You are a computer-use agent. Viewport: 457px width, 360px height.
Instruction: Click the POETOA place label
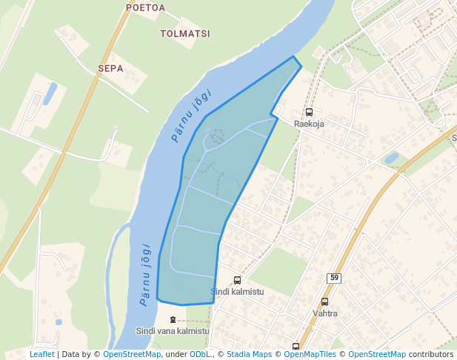146,8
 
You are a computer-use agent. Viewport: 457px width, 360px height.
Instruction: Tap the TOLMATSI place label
185,33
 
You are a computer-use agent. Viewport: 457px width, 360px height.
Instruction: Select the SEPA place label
110,68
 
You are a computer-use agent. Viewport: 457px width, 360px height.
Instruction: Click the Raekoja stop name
309,124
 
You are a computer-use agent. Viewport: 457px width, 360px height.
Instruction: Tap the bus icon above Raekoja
309,113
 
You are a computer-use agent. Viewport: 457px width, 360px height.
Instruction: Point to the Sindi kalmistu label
237,291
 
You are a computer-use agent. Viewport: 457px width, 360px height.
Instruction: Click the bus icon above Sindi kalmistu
237,280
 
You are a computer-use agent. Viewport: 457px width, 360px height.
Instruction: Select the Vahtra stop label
324,313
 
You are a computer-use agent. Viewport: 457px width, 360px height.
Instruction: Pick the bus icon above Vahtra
324,301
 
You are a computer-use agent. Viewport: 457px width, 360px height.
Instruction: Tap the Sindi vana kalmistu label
173,331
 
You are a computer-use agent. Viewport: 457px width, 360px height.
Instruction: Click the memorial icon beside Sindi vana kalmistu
173,319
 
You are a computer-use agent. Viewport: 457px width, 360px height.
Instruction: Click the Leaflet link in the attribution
41,355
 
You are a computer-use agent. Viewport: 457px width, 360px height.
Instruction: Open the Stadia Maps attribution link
249,355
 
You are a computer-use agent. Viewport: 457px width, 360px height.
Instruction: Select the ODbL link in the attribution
200,355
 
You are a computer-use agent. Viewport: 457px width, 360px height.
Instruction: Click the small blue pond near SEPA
50,93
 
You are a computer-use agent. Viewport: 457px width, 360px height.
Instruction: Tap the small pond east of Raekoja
391,158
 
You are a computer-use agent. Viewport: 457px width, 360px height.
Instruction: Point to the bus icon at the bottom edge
296,346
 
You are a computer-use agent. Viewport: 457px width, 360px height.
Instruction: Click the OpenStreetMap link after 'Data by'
132,355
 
